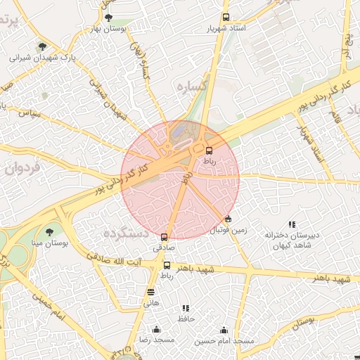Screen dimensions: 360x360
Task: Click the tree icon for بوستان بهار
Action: [108, 18]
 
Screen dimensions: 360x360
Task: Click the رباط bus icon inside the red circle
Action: [209, 150]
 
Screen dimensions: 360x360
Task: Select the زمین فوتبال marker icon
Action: [228, 219]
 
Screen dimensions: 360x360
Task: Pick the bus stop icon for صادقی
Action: [165, 238]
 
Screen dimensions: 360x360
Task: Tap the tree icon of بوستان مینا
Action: [49, 231]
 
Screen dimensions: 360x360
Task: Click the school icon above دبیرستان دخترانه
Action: [292, 224]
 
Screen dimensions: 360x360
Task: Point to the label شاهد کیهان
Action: [292, 246]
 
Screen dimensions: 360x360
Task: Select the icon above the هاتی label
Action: [151, 292]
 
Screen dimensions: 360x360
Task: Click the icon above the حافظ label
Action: [186, 308]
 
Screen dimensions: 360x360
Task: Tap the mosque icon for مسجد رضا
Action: [156, 329]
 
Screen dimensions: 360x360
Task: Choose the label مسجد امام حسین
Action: [224, 340]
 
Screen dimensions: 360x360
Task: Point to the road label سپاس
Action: [30, 112]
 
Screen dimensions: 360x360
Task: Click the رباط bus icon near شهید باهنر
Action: [167, 265]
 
